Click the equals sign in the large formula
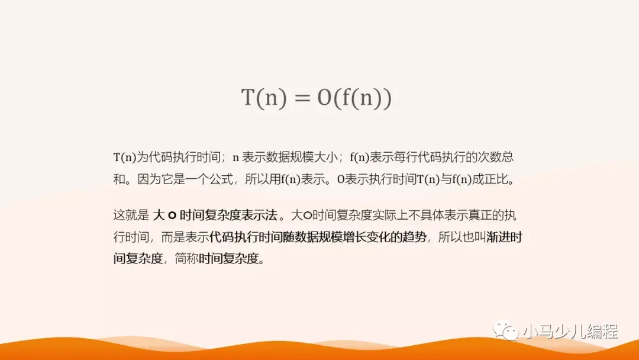(302, 98)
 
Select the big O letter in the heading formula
(324, 98)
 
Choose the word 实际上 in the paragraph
(388, 215)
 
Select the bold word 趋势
(413, 237)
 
